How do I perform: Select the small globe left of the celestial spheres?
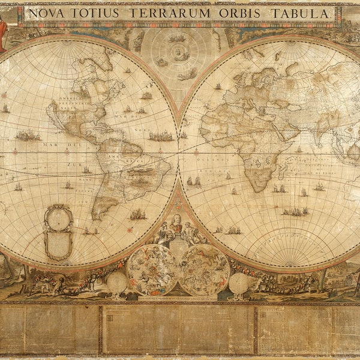(x=117, y=282)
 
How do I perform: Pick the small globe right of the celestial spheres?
(x=239, y=282)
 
